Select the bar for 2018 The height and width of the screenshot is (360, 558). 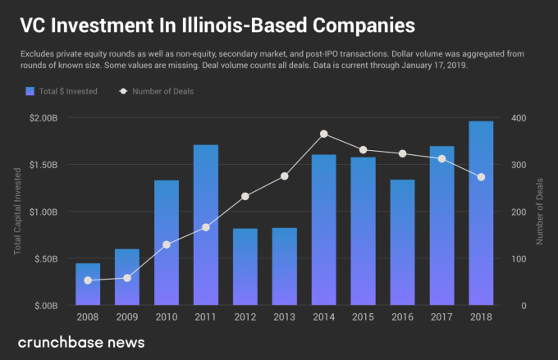point(481,213)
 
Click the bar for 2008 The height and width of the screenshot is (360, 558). point(88,284)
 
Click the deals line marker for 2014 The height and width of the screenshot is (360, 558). point(324,134)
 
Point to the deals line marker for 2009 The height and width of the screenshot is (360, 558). point(127,278)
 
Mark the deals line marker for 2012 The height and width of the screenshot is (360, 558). point(245,196)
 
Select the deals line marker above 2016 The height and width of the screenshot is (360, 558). point(402,153)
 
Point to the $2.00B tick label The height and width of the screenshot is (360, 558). point(42,118)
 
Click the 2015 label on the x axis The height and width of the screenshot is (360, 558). point(364,317)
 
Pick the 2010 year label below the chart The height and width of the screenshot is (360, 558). point(167,317)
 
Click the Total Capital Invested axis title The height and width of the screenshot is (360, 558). point(17,212)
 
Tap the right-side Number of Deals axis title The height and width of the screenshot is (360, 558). point(542,212)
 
